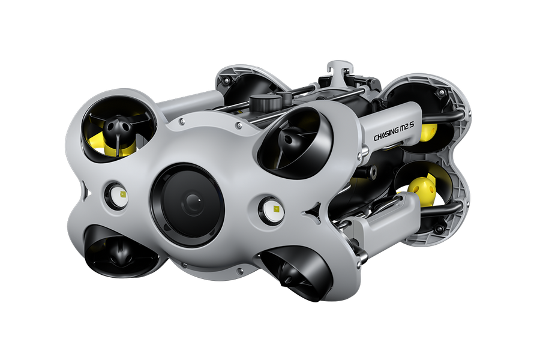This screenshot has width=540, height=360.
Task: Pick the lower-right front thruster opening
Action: pos(296,272)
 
